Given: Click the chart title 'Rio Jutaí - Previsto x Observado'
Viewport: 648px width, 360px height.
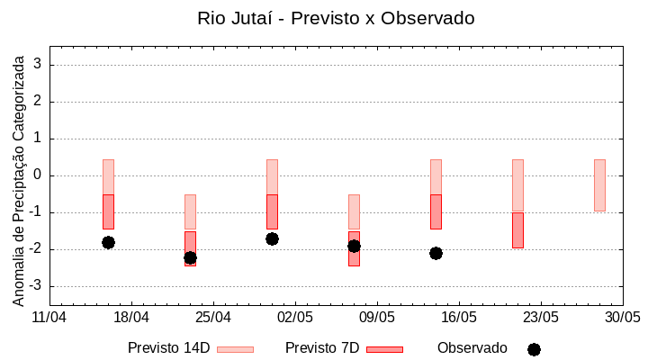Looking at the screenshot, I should (x=336, y=18).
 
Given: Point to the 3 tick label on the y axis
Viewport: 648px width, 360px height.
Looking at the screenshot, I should (x=39, y=65).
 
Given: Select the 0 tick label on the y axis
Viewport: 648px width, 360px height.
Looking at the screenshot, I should (x=39, y=175).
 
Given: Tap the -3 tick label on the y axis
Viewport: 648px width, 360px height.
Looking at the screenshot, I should (x=36, y=286).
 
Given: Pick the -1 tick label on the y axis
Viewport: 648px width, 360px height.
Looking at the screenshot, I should (x=36, y=212).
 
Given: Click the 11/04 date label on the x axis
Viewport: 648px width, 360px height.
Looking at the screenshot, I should (x=49, y=318).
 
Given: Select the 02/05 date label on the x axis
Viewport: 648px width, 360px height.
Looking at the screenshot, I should (x=295, y=318).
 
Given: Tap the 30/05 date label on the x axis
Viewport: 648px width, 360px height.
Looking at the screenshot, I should (x=623, y=318).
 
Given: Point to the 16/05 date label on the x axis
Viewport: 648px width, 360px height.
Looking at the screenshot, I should (x=459, y=318).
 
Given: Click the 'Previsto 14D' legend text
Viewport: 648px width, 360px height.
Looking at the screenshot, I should (x=169, y=348).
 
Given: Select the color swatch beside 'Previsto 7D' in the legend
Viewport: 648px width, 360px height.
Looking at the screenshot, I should (x=384, y=349).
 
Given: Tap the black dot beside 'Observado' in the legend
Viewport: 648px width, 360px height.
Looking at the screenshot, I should (x=534, y=349).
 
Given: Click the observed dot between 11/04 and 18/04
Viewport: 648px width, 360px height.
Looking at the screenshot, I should (x=108, y=242).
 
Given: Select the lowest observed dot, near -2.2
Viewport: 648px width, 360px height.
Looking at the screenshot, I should (x=190, y=257).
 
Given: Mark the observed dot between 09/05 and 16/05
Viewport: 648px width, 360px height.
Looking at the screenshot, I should (x=436, y=253).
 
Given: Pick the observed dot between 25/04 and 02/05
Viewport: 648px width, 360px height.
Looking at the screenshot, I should (x=272, y=238).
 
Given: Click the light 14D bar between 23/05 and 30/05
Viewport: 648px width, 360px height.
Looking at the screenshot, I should (x=599, y=185).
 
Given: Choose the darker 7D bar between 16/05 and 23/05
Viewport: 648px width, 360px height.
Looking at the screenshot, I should (x=517, y=230).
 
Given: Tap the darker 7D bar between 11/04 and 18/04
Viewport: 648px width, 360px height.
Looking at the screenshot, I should (x=108, y=211).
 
